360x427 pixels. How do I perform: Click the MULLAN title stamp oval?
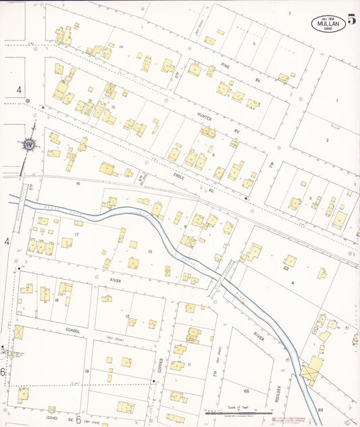pyautogui.click(x=328, y=23)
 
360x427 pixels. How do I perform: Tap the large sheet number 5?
pyautogui.click(x=351, y=20)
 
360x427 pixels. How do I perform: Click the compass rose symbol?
pyautogui.click(x=29, y=144)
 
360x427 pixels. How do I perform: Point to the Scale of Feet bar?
pyautogui.click(x=236, y=410)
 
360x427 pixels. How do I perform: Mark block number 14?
pyautogui.click(x=121, y=47)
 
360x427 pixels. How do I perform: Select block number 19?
pyautogui.click(x=86, y=372)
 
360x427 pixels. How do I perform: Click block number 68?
pyautogui.click(x=247, y=391)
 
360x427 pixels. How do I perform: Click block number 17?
pyautogui.click(x=77, y=234)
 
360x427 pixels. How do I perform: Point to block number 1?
pyautogui.click(x=336, y=101)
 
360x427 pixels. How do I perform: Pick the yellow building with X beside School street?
pyautogui.click(x=18, y=332)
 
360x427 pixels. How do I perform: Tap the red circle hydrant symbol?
pyautogui.click(x=28, y=101)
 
